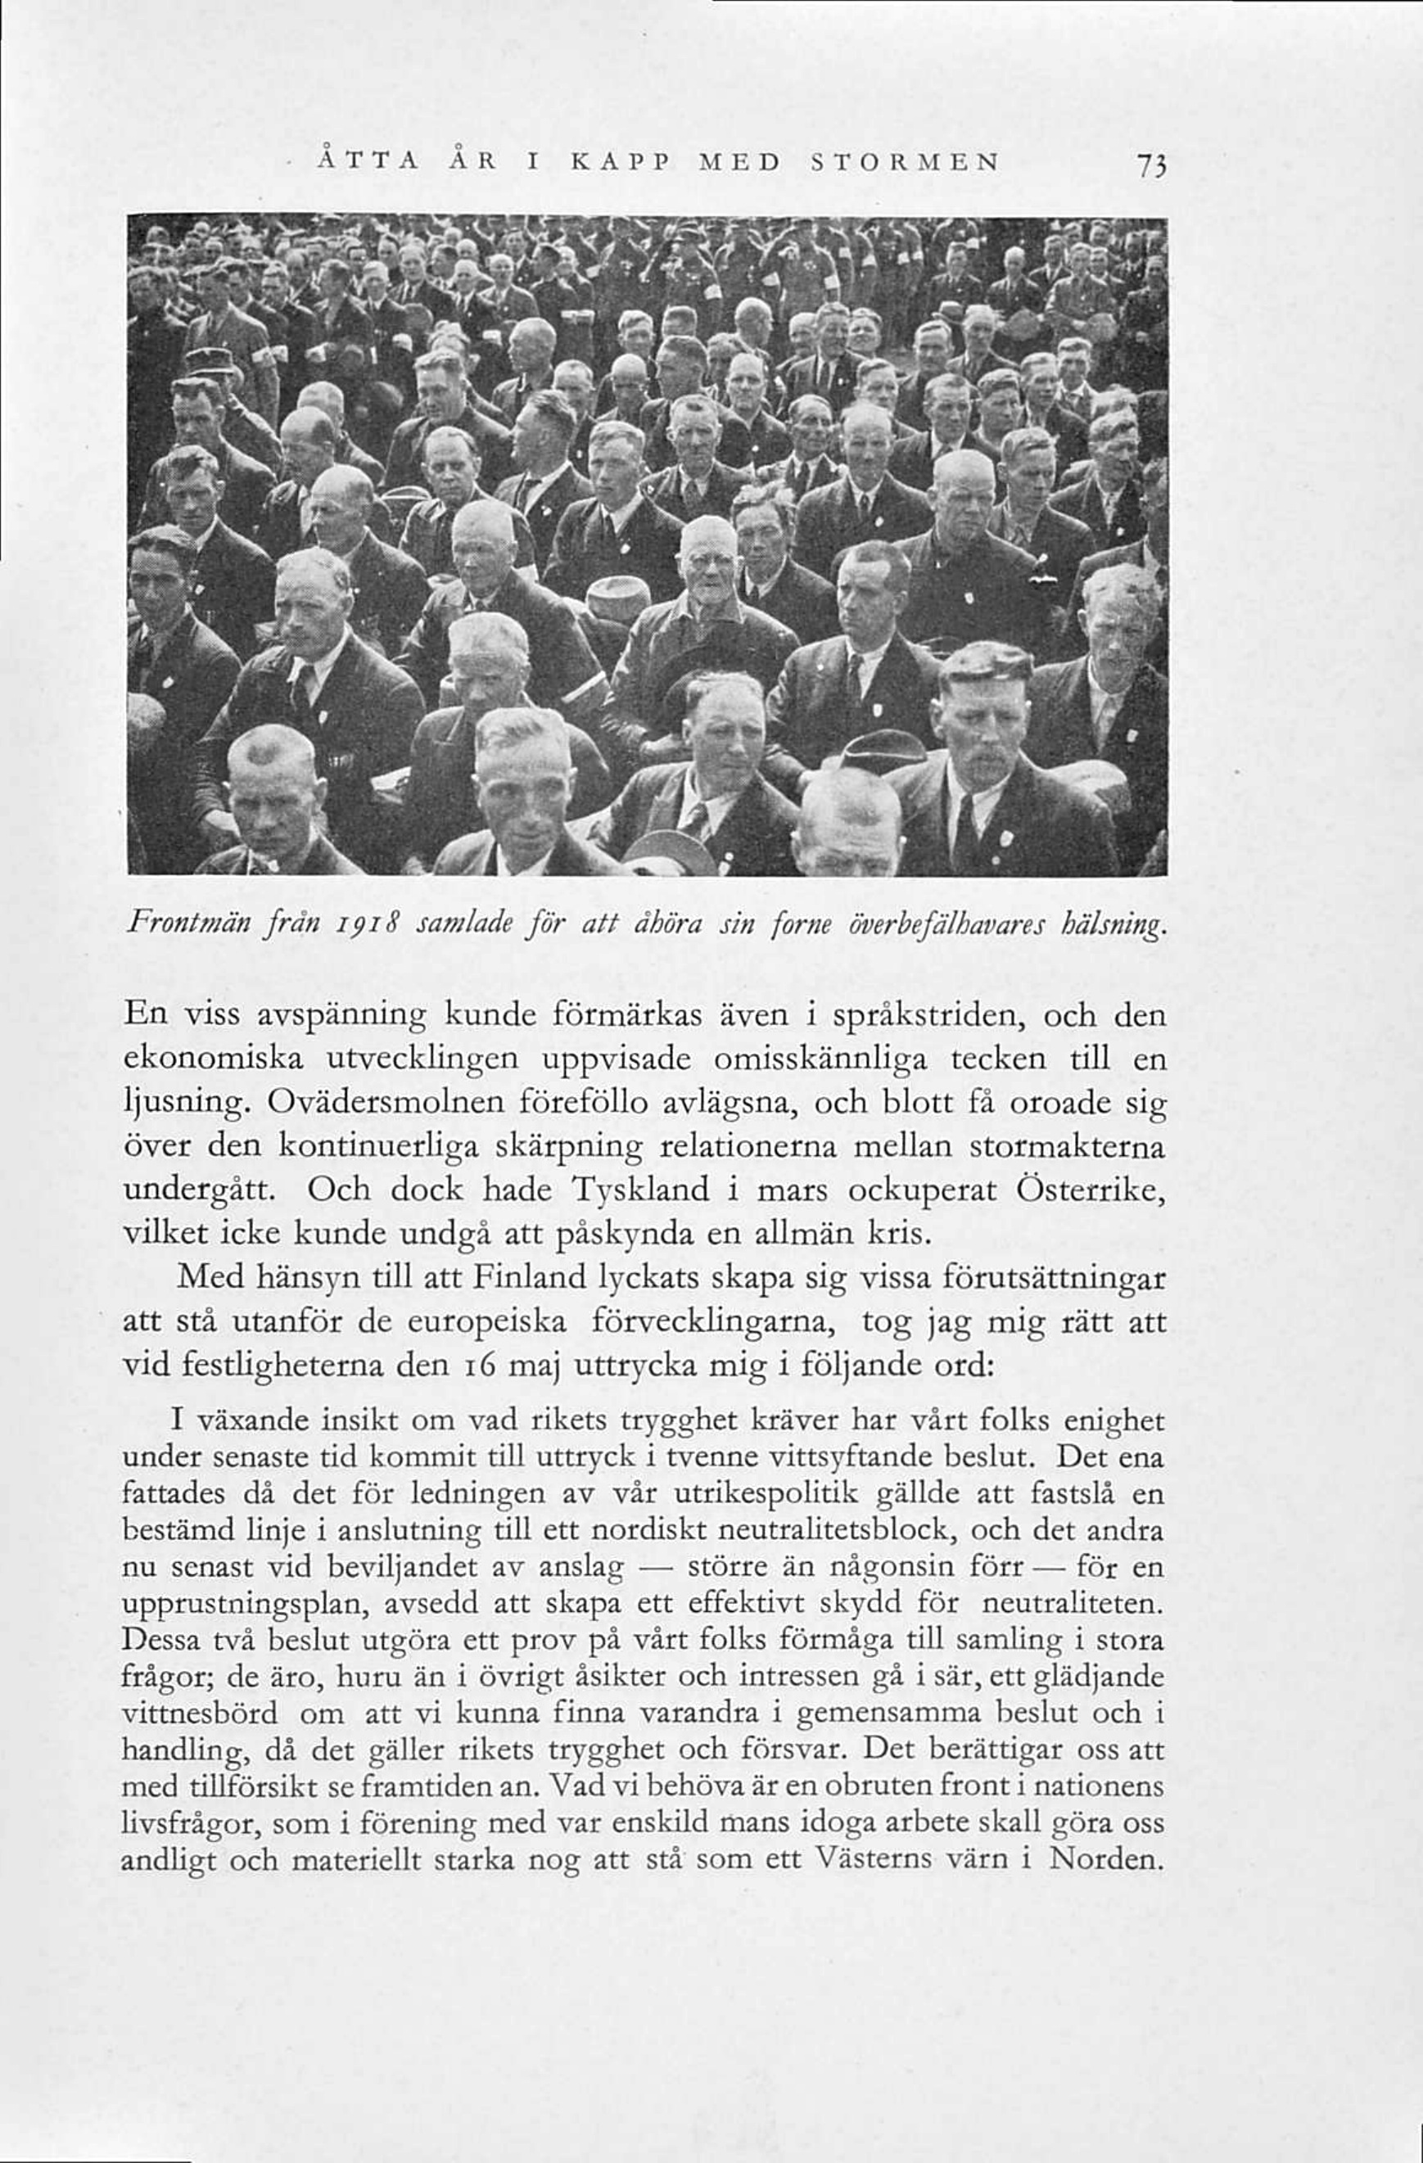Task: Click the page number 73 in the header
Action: pos(1150,167)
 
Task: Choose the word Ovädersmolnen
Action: pos(391,1104)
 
